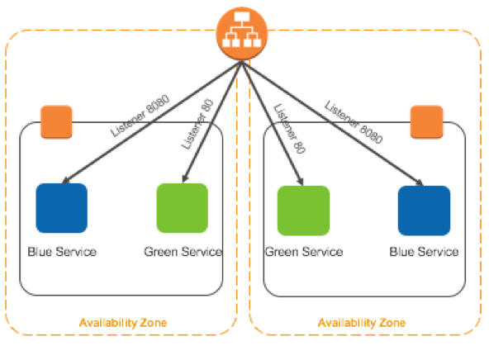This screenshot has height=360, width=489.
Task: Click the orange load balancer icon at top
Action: pyautogui.click(x=242, y=33)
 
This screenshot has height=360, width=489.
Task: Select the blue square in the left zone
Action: pyautogui.click(x=61, y=208)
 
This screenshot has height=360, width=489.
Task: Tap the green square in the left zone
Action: pyautogui.click(x=182, y=208)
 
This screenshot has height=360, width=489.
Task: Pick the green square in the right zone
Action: pyautogui.click(x=303, y=211)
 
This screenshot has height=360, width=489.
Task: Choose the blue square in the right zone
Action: pyautogui.click(x=424, y=211)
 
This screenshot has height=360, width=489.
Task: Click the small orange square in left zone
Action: pyautogui.click(x=56, y=121)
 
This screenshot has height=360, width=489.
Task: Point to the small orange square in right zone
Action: pyautogui.click(x=426, y=121)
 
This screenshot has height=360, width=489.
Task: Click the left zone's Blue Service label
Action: pyautogui.click(x=62, y=252)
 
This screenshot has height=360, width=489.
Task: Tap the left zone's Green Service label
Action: pyautogui.click(x=183, y=252)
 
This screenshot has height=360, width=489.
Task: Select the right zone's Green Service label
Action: pyautogui.click(x=304, y=252)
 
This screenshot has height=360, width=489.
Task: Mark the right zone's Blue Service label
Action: pyautogui.click(x=424, y=252)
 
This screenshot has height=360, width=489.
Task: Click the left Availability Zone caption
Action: pyautogui.click(x=123, y=323)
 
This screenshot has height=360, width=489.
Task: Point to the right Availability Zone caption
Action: pyautogui.click(x=362, y=323)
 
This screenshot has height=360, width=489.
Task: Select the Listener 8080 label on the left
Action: pyautogui.click(x=140, y=116)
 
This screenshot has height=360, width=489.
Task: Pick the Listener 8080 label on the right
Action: pyautogui.click(x=354, y=122)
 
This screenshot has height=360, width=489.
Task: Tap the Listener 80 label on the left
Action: pyautogui.click(x=197, y=124)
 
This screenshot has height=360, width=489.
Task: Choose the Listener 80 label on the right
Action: pyautogui.click(x=289, y=129)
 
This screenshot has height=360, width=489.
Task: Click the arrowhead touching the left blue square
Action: pyautogui.click(x=65, y=180)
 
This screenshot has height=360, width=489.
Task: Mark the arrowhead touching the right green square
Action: pyautogui.click(x=301, y=182)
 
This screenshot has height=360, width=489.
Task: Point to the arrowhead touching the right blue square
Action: pyautogui.click(x=420, y=182)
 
